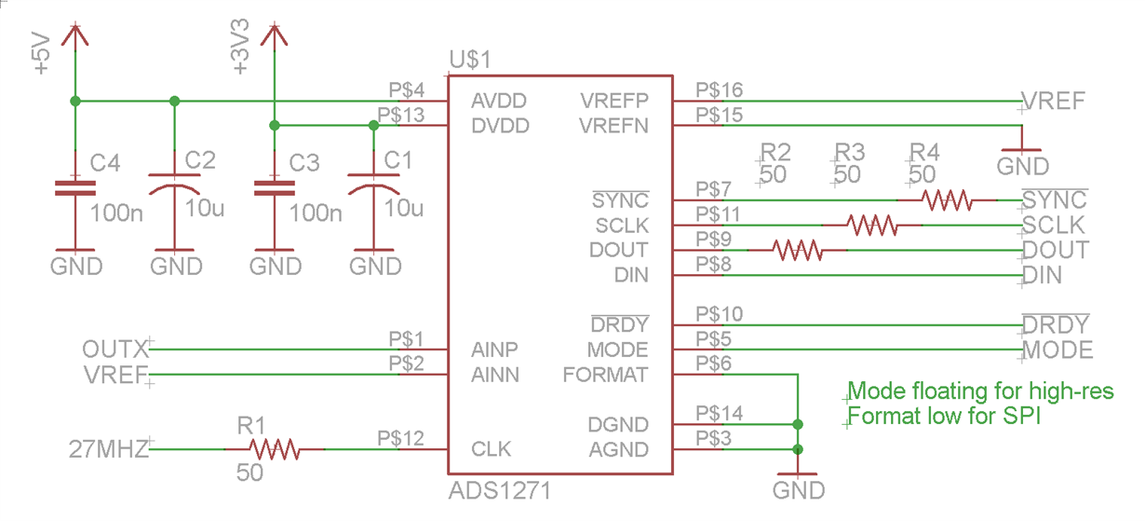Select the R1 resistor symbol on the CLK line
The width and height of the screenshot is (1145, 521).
274,450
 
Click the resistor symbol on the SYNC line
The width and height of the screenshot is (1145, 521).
947,199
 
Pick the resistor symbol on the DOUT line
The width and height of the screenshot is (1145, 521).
798,250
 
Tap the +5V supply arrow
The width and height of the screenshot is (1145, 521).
75,37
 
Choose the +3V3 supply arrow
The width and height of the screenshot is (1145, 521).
273,37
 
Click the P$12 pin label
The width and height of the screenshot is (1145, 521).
401,437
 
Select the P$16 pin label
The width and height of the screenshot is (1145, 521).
720,89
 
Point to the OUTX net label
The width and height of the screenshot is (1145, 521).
115,350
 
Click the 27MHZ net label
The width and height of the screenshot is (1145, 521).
109,450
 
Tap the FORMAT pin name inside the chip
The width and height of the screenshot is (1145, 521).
605,375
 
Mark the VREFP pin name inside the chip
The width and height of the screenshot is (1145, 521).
613,100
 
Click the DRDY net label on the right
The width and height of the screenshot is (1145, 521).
1055,325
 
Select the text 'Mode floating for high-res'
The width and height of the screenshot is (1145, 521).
981,391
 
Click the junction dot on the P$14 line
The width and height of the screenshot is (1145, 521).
798,424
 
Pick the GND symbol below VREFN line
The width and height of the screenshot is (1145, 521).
1022,158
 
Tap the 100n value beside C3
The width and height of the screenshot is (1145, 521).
316,213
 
